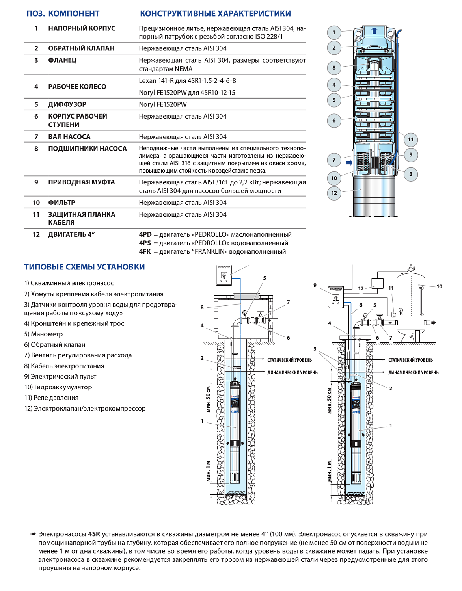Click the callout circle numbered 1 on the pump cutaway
334,32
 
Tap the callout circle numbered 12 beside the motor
334,193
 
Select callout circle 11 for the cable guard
411,139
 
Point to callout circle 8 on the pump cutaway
334,68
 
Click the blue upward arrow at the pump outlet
374,31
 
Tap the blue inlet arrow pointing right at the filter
349,163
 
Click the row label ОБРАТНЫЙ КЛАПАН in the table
81,48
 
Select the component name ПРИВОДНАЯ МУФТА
81,182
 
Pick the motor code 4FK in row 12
145,252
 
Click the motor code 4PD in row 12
145,235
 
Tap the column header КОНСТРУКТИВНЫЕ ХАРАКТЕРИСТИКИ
215,14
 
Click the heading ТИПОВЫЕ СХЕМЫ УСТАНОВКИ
84,267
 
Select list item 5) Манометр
43,334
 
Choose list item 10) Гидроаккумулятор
58,387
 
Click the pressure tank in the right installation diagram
410,303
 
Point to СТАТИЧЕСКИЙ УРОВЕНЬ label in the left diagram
289,360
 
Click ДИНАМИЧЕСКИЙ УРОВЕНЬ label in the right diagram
413,373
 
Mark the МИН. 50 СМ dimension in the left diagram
208,399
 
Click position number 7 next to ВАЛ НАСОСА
36,137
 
